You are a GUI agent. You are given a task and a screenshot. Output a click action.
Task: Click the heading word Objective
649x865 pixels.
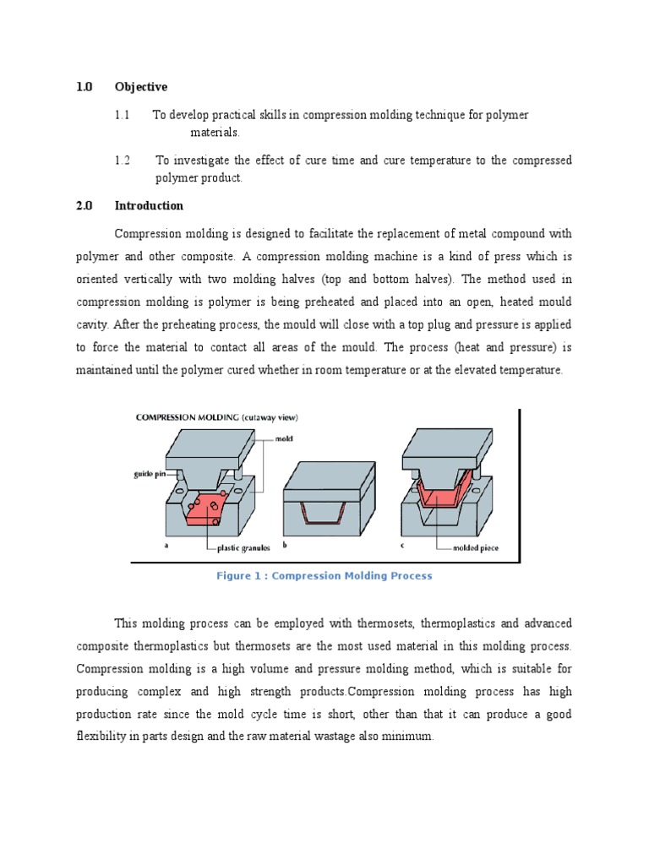pos(141,87)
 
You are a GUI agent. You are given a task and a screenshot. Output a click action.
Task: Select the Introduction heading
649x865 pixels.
pos(149,205)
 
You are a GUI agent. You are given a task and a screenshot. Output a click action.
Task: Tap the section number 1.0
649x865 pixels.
pos(84,87)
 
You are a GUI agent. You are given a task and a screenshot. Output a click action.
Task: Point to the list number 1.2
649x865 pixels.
pos(123,160)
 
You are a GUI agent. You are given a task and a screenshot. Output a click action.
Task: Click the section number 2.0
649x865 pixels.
pos(84,205)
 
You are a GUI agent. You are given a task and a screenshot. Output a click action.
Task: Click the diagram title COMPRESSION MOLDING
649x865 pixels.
pos(186,417)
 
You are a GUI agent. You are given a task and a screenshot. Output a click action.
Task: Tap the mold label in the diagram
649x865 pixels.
pos(284,439)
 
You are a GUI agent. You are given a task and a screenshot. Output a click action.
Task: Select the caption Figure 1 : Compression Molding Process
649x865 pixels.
pos(324,576)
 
